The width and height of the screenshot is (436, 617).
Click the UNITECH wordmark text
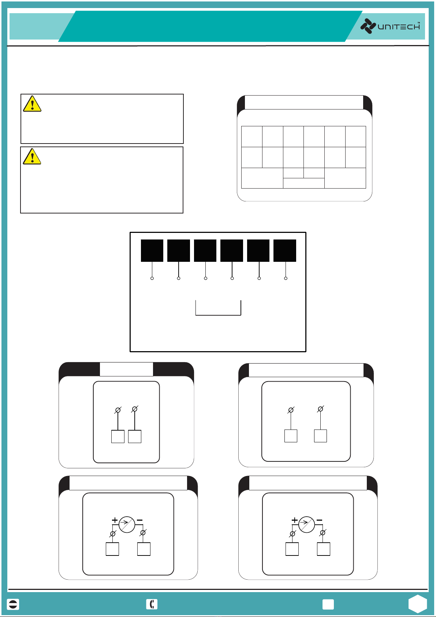(x=399, y=26)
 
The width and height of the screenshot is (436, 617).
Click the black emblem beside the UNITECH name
(x=368, y=26)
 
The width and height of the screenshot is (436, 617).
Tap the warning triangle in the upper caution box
(x=32, y=104)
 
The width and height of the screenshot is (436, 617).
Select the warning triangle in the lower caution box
(x=32, y=156)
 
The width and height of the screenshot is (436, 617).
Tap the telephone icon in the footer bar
(x=152, y=604)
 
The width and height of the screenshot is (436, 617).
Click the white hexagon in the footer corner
(x=418, y=604)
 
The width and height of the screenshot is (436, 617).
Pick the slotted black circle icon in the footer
(x=13, y=604)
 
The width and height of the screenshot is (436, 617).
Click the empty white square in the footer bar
(x=328, y=604)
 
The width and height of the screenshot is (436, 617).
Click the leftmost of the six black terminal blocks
(x=152, y=250)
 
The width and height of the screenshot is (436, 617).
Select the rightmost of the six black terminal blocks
(x=285, y=250)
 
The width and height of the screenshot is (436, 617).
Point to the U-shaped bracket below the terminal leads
(x=218, y=315)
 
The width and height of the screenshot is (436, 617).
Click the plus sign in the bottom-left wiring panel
(x=115, y=520)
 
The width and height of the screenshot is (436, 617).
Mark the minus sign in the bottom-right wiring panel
(x=320, y=520)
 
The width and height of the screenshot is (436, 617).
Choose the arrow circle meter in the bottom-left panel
(x=127, y=524)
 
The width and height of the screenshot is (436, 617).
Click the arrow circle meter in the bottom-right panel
(x=306, y=524)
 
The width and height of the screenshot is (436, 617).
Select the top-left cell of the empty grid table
(x=252, y=137)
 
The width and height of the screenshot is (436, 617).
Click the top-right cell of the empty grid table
(x=355, y=137)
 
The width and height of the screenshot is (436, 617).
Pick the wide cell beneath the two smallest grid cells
(x=304, y=183)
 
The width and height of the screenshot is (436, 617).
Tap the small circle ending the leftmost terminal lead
(x=152, y=279)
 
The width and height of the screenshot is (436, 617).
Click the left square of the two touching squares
(x=118, y=436)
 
